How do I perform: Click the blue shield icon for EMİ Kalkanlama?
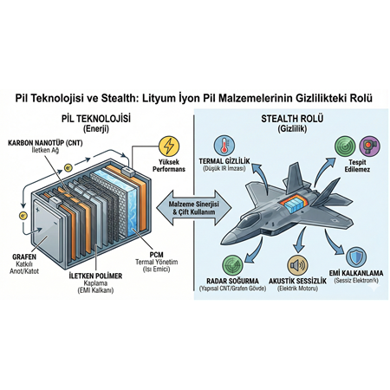point(358,257)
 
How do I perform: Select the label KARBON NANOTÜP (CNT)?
point(45,140)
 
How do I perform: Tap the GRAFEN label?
point(23,256)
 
